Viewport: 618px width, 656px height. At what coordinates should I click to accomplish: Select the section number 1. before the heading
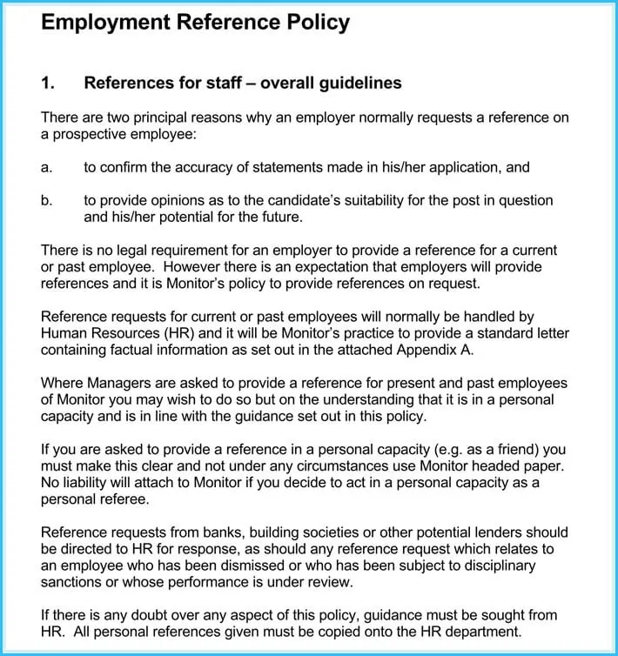tap(48, 84)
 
